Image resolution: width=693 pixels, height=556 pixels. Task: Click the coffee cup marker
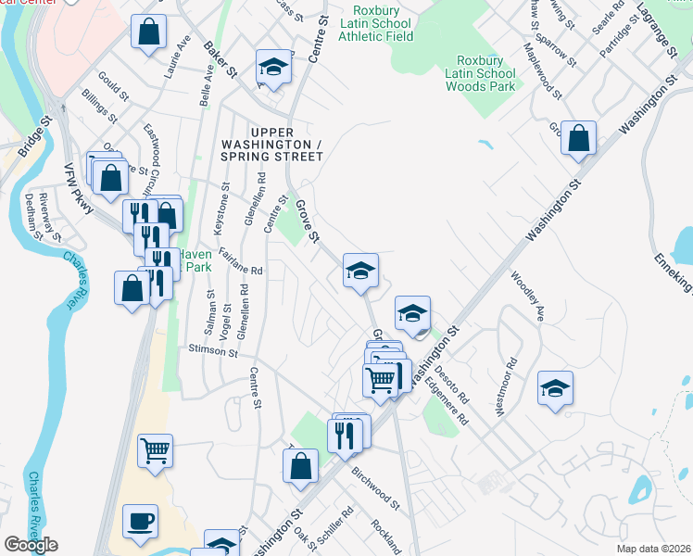tap(140, 521)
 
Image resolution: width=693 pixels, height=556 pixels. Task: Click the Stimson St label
tap(213, 352)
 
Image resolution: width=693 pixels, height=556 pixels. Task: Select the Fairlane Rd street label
tap(242, 265)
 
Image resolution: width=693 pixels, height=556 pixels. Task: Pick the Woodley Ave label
tap(525, 296)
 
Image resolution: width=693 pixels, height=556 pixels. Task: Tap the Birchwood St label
tap(374, 488)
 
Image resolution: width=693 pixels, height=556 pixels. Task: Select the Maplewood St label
tap(542, 70)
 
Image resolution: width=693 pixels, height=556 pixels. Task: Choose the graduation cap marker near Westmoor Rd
tap(555, 387)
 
